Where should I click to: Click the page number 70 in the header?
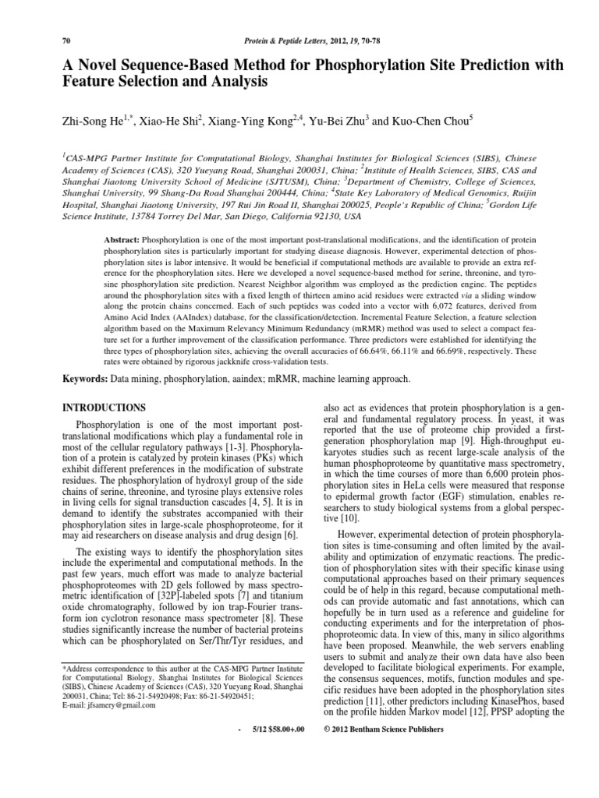click(65, 40)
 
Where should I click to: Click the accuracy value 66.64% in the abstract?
click(408, 350)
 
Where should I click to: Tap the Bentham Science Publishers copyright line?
click(382, 729)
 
